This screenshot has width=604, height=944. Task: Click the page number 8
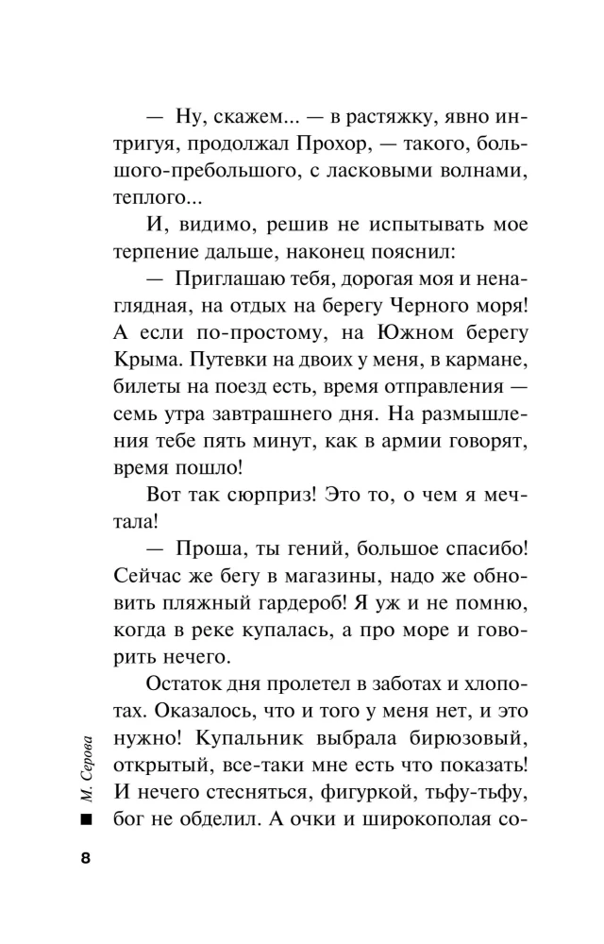(x=87, y=857)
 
